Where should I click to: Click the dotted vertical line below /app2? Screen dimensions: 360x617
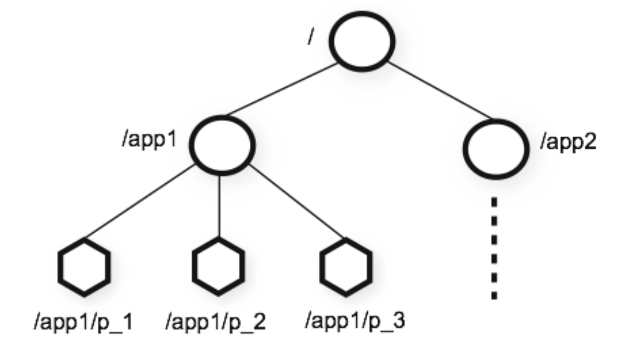[495, 247]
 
